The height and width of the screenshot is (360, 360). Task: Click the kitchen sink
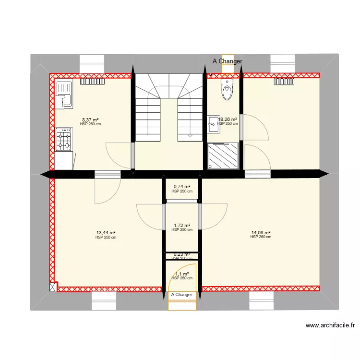point(63,95)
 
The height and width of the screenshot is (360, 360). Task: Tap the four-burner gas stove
point(64,139)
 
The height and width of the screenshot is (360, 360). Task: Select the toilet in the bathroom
point(227,89)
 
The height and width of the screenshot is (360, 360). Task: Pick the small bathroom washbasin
point(213,124)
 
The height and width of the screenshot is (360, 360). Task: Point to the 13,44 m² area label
point(106,233)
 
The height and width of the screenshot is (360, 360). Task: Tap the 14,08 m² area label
point(261,233)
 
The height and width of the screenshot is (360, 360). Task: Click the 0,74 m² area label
point(182,187)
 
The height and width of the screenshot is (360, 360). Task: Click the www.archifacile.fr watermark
point(331,325)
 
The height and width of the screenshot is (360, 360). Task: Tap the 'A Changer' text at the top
point(228,61)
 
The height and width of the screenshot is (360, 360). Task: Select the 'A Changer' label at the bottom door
point(181,295)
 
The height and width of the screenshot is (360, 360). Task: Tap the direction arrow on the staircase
point(190,136)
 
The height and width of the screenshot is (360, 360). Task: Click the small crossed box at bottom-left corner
point(52,287)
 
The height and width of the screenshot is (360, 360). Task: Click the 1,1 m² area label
point(182,274)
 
